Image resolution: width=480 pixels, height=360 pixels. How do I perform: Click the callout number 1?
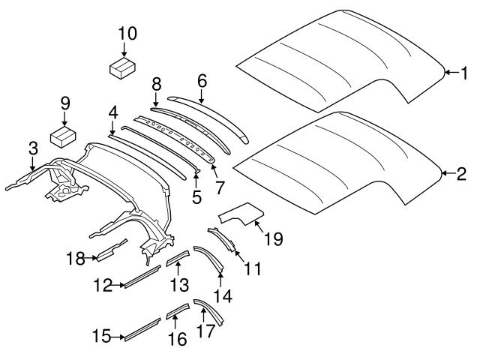[x=463, y=73]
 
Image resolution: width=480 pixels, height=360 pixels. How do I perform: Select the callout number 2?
[x=462, y=174]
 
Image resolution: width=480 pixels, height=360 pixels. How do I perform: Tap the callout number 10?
[x=127, y=33]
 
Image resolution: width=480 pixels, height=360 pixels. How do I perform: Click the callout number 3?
[x=32, y=148]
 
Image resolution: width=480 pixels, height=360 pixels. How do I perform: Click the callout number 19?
[x=273, y=239]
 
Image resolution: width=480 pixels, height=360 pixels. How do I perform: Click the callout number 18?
[x=75, y=259]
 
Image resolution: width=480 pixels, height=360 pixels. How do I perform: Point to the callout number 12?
[x=103, y=285]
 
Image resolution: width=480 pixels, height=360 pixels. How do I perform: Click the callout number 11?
[x=253, y=267]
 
